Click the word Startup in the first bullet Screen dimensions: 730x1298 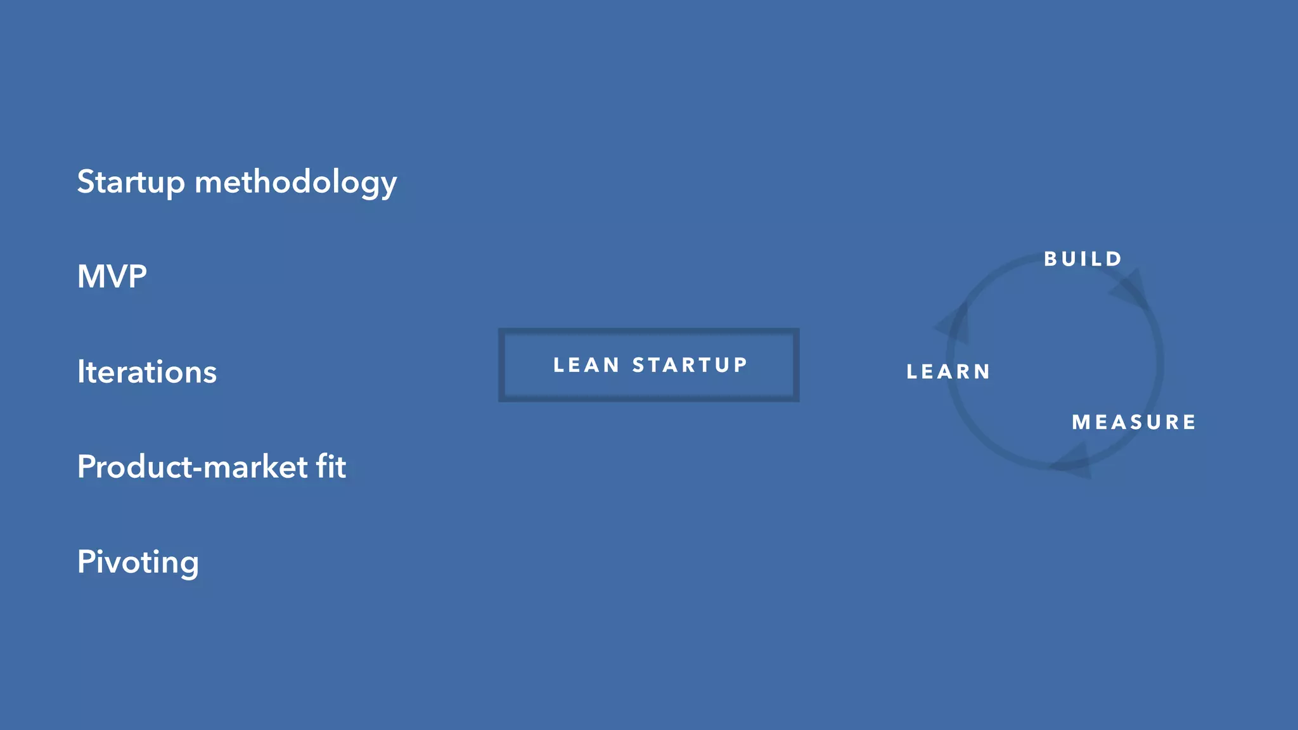pyautogui.click(x=131, y=182)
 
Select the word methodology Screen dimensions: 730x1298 pyautogui.click(x=295, y=182)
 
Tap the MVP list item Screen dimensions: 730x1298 pyautogui.click(x=112, y=277)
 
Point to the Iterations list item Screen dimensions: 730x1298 pyautogui.click(x=146, y=372)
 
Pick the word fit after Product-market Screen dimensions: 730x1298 pyautogui.click(x=331, y=467)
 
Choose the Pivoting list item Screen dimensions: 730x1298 pyautogui.click(x=138, y=563)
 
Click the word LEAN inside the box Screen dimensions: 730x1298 pyautogui.click(x=586, y=365)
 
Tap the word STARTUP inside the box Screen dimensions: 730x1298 pyautogui.click(x=690, y=365)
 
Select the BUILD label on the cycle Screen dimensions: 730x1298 pyautogui.click(x=1083, y=259)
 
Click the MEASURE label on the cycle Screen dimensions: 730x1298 pyautogui.click(x=1134, y=423)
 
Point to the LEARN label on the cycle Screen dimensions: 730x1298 pyautogui.click(x=948, y=372)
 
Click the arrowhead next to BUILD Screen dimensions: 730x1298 pyautogui.click(x=1131, y=290)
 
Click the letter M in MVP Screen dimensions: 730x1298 pyautogui.click(x=90, y=277)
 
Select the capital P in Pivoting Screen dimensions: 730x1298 pyautogui.click(x=86, y=562)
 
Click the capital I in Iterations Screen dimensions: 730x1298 pyautogui.click(x=80, y=372)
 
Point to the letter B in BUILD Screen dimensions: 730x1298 pyautogui.click(x=1050, y=259)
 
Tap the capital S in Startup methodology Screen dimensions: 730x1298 pyautogui.click(x=86, y=182)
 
